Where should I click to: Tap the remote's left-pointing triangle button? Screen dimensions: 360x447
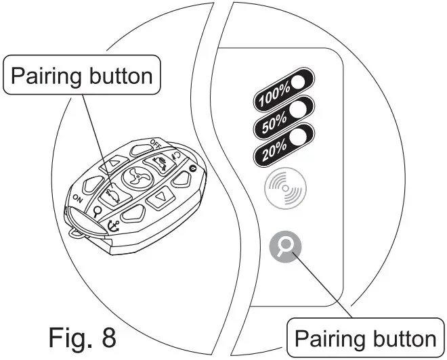coord(108,162)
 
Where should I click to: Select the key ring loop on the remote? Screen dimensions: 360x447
coord(75,231)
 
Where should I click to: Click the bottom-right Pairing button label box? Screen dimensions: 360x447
coord(366,337)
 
